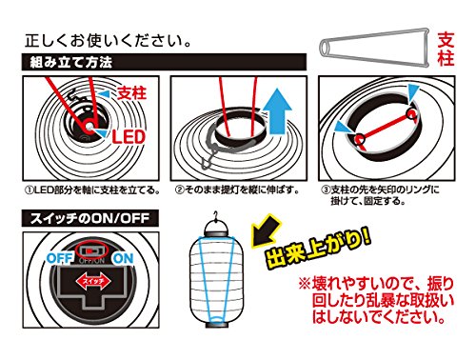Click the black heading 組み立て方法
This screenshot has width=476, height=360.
[71, 62]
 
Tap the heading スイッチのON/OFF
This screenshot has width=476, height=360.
[89, 218]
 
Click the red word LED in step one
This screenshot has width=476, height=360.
[129, 137]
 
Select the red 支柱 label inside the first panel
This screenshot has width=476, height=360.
[132, 93]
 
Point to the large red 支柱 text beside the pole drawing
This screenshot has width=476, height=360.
[446, 50]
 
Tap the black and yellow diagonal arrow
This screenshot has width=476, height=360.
[266, 230]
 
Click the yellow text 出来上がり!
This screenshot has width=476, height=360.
[318, 248]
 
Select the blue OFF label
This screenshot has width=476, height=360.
[60, 258]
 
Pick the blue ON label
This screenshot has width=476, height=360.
[123, 259]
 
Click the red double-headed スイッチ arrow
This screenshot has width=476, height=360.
[93, 281]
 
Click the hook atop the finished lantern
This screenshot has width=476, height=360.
[216, 215]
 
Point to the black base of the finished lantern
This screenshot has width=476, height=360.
[217, 325]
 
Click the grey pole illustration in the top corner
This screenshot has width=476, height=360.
[374, 48]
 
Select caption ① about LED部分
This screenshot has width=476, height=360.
[92, 190]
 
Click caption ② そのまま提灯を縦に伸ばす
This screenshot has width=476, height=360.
[237, 190]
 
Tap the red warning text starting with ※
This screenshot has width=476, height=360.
[377, 300]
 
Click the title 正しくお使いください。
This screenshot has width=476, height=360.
[109, 41]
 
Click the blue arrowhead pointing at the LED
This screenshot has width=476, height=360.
[102, 133]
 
